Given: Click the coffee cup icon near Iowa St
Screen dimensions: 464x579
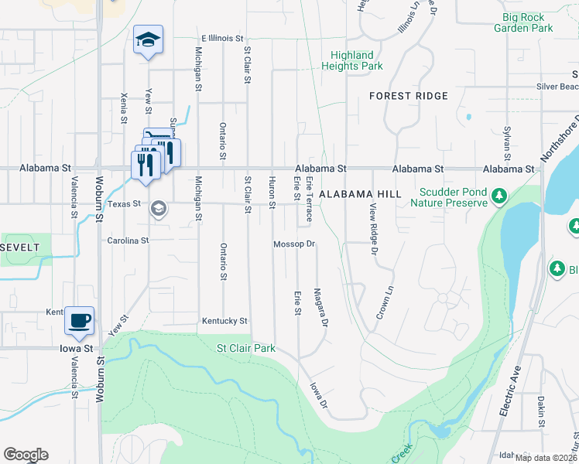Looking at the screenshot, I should click(x=80, y=320).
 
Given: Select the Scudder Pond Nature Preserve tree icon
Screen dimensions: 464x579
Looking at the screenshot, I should click(x=499, y=197).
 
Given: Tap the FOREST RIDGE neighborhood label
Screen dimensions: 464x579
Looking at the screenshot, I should click(x=409, y=96).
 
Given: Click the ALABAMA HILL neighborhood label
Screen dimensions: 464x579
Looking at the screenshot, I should click(x=361, y=194).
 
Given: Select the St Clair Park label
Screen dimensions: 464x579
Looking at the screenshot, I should click(x=246, y=349).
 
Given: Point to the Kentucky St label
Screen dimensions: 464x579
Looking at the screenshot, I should click(x=224, y=321).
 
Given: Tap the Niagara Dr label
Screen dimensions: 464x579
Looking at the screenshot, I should click(x=322, y=307).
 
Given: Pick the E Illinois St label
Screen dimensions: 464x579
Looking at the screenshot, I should click(x=222, y=37).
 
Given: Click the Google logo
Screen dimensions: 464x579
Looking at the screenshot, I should click(x=26, y=455).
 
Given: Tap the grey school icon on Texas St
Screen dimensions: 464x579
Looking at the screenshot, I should click(x=159, y=209).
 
